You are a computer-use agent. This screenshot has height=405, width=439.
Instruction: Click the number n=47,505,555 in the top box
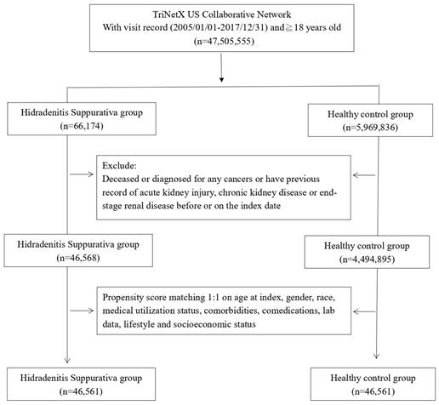pos(224,42)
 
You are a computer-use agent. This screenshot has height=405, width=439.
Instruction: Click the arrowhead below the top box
pos(221,79)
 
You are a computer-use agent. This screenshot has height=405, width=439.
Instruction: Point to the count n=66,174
pos(82,126)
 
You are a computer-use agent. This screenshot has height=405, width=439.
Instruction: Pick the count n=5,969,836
pos(370,128)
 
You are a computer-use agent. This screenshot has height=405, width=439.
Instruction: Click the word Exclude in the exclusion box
pos(119,166)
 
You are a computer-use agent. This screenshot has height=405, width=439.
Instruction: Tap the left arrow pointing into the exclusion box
pos(82,174)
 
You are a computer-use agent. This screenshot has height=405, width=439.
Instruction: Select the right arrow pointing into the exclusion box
pos(364,175)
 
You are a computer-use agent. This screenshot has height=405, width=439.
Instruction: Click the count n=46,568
pos(78,258)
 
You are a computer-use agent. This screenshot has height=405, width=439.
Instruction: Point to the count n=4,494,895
pos(367,260)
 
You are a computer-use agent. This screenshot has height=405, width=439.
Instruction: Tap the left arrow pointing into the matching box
pos(82,311)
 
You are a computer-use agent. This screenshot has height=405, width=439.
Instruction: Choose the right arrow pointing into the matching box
pos(364,311)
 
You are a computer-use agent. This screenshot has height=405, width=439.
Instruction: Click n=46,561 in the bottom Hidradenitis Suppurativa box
pos(81,391)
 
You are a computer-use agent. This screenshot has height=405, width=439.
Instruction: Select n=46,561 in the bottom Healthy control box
pos(373,391)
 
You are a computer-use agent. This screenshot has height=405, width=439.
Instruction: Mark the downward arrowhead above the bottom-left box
pos(67,360)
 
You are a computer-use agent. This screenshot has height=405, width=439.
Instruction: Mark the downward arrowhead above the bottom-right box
pos(376,356)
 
